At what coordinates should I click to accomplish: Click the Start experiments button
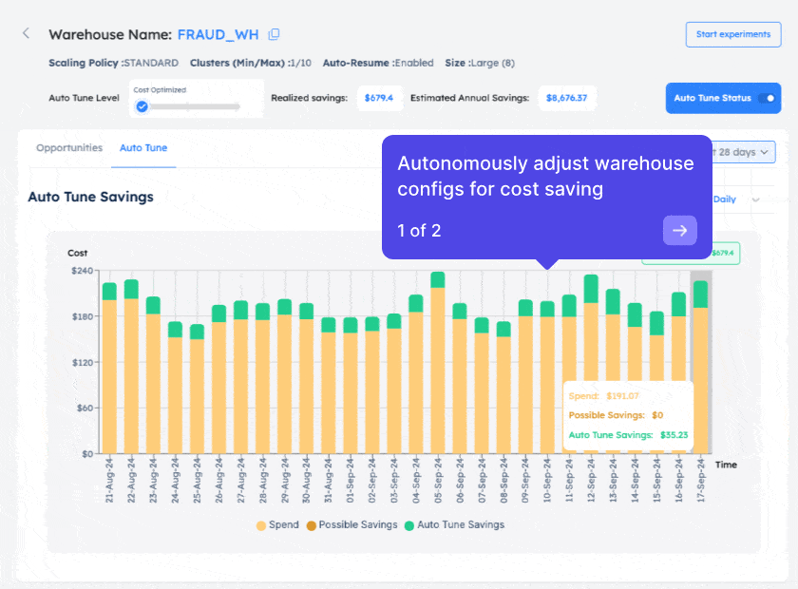(x=732, y=34)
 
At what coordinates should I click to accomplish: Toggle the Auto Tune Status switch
(x=768, y=98)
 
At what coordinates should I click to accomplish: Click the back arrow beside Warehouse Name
(x=26, y=33)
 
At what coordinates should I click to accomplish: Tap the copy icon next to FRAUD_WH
(x=275, y=34)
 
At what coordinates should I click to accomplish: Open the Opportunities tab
(x=69, y=148)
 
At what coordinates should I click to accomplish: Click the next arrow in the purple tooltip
(x=680, y=230)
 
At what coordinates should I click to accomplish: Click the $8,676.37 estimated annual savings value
(x=566, y=98)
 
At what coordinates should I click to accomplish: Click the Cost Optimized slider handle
(x=142, y=106)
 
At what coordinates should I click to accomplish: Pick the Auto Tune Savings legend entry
(x=454, y=524)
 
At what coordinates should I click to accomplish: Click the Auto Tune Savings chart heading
(x=90, y=197)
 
